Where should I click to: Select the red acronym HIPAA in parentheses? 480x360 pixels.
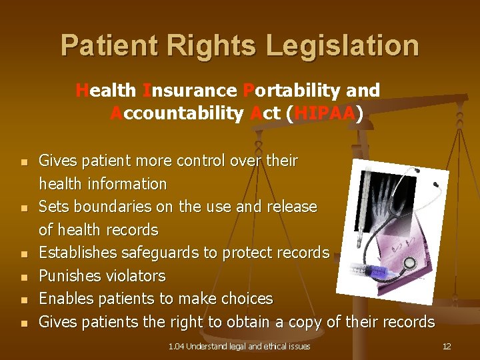pos(325,114)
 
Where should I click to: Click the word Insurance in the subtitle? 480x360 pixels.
pos(189,90)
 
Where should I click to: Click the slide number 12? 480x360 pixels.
pos(447,346)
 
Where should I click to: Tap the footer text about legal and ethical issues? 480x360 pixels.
pos(239,346)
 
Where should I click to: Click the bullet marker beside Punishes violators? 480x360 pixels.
pos(23,277)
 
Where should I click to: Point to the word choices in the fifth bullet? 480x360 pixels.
pos(246,299)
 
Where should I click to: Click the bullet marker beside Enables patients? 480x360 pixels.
pos(23,299)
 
